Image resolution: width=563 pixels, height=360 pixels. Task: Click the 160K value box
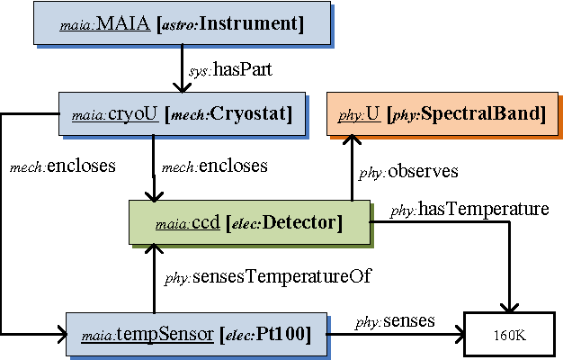click(x=509, y=336)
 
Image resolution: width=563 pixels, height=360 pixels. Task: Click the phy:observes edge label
click(x=409, y=171)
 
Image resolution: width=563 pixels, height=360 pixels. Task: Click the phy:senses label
click(x=395, y=319)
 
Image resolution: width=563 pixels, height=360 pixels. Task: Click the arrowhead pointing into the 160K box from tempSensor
click(x=456, y=336)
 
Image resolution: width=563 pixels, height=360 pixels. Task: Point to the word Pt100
click(x=283, y=336)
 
